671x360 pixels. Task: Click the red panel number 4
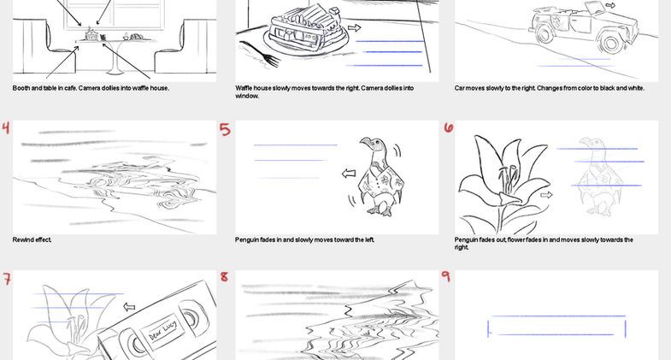6,127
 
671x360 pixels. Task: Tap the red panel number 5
225,129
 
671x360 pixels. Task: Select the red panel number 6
449,127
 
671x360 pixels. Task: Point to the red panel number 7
7,279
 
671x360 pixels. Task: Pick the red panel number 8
224,276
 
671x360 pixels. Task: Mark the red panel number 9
445,276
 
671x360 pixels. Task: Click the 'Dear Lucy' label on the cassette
162,330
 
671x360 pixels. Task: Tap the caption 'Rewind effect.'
32,239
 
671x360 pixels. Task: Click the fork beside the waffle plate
261,54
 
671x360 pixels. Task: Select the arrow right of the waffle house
355,28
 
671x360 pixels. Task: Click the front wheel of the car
613,43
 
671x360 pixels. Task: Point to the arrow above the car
610,5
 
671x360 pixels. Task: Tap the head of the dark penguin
369,145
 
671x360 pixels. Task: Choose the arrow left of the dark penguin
349,174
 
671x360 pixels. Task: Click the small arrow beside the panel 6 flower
546,195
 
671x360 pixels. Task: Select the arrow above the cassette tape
129,306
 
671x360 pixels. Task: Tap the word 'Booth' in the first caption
21,88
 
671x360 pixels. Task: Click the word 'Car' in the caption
460,88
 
